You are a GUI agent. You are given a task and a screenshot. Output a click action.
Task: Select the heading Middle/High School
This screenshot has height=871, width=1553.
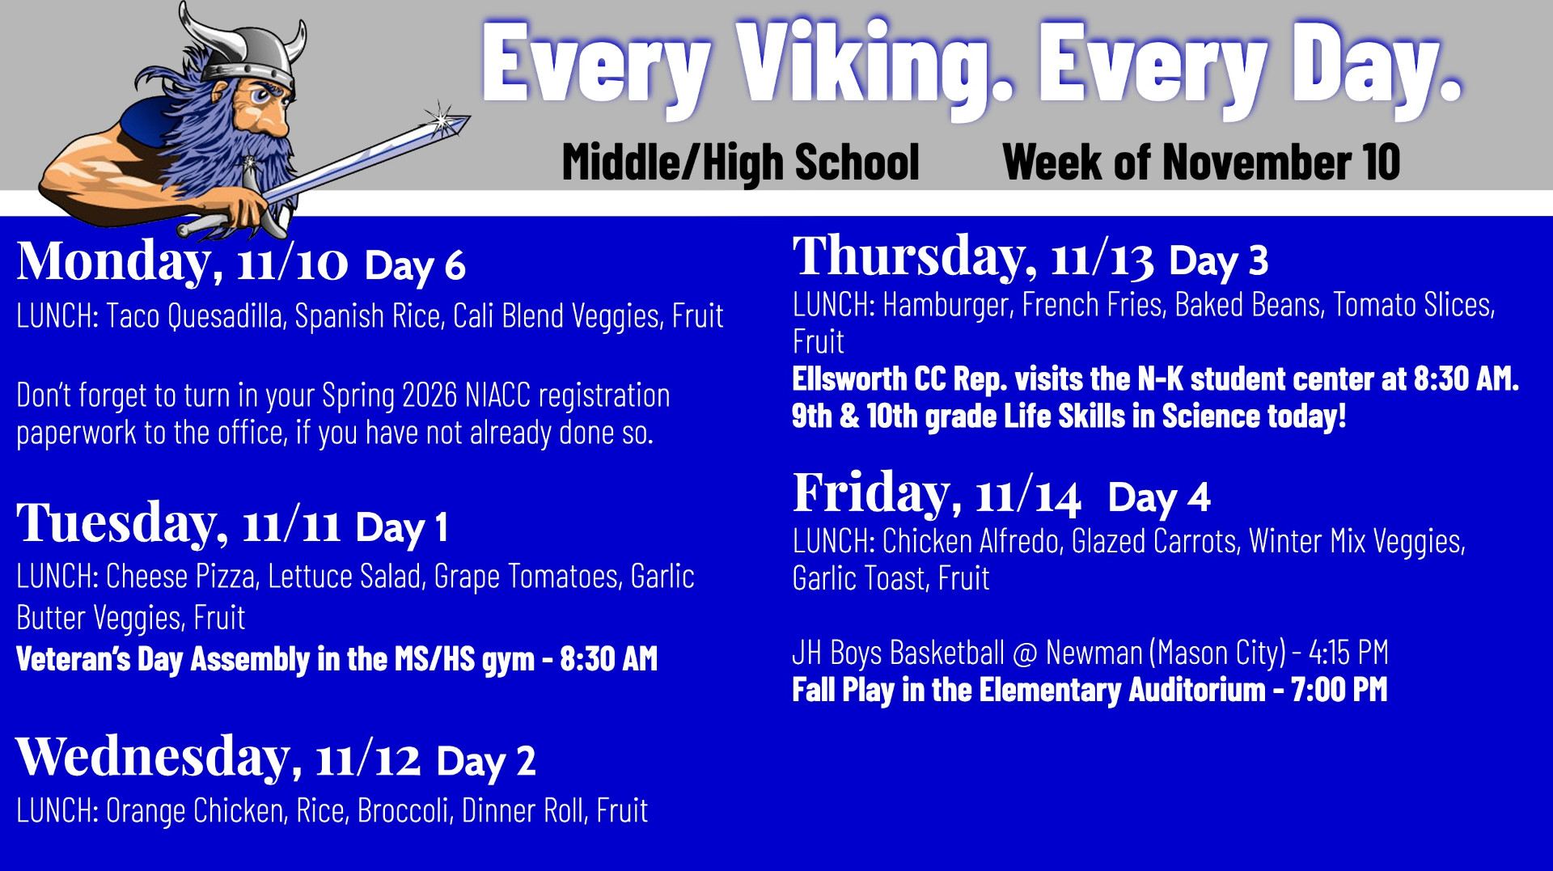[x=741, y=163]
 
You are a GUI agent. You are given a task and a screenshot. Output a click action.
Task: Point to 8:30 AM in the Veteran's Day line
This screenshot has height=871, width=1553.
[x=608, y=659]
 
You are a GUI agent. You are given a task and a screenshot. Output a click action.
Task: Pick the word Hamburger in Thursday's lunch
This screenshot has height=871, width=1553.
[x=947, y=305]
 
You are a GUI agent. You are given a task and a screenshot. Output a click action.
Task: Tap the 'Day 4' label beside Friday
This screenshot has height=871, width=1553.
[x=1158, y=497]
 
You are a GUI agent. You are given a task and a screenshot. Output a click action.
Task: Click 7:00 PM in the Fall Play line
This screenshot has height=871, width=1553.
[x=1339, y=690]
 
